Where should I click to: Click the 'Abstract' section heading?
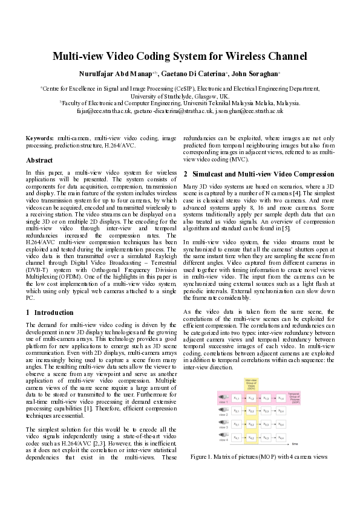39,160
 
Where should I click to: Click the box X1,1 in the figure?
236,398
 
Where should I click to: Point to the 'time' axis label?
295,444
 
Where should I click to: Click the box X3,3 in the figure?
266,424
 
